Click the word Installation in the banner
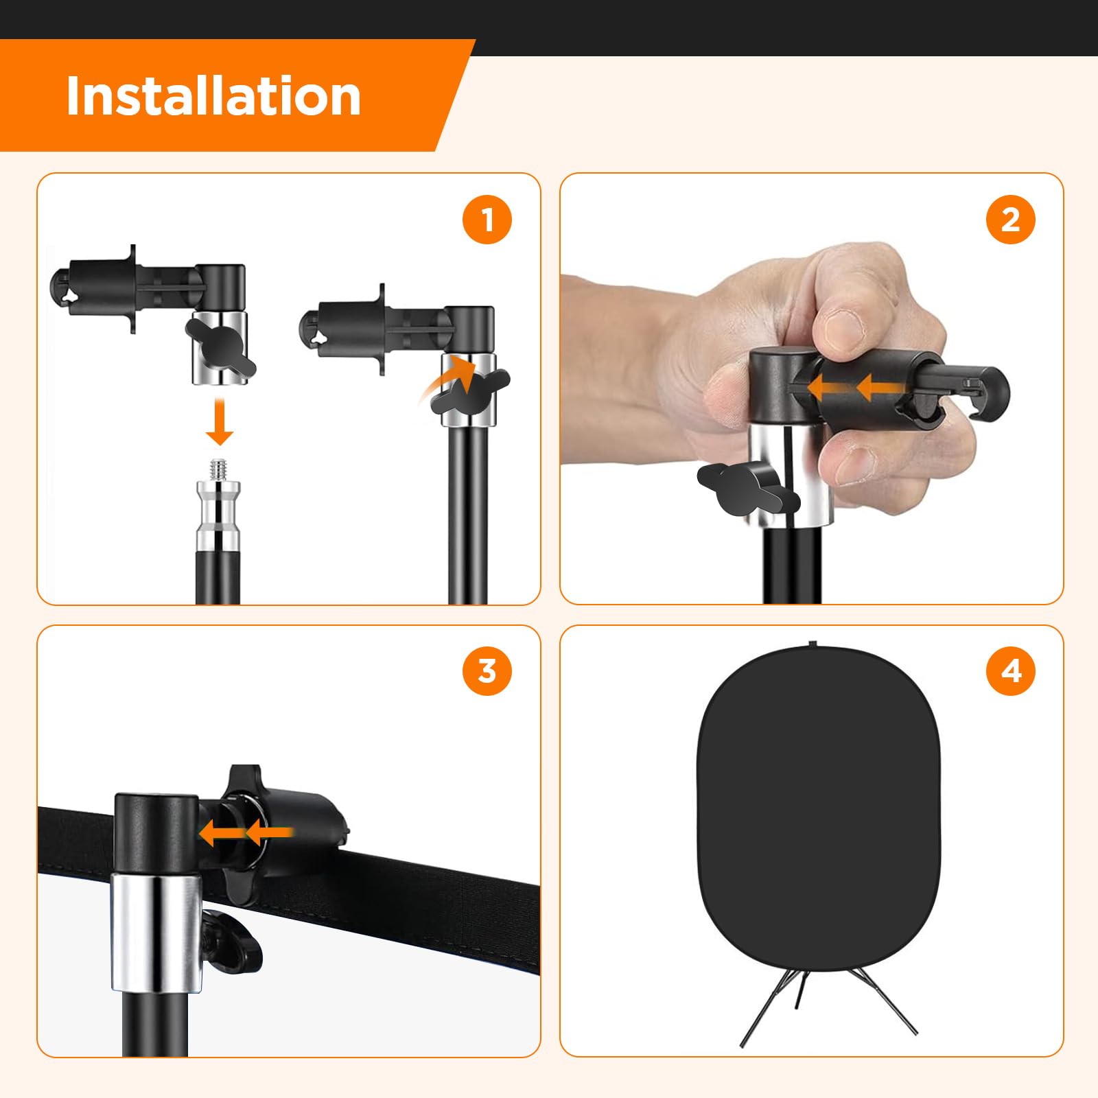(x=213, y=95)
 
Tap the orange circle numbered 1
(x=487, y=220)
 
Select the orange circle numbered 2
(x=1010, y=220)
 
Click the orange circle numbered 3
(x=487, y=670)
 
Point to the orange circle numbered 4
(x=1010, y=670)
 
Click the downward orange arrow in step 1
(x=220, y=422)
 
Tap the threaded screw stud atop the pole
(x=219, y=470)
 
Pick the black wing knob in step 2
(x=748, y=489)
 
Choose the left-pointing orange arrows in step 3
(x=246, y=834)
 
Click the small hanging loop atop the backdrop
(x=813, y=644)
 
